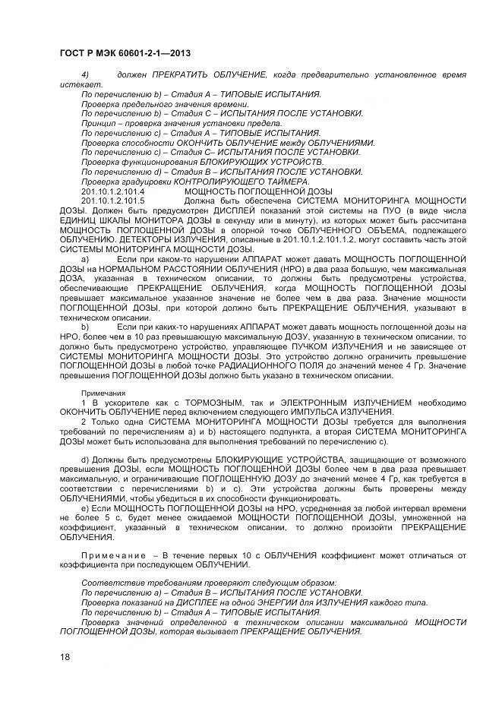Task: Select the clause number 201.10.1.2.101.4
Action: click(x=112, y=191)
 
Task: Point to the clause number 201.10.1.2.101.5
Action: click(x=112, y=201)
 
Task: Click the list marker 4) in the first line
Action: click(x=86, y=74)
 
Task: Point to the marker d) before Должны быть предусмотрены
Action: click(x=85, y=460)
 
